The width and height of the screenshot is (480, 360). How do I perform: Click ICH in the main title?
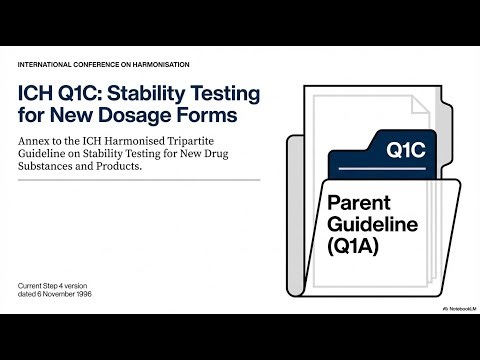click(x=39, y=95)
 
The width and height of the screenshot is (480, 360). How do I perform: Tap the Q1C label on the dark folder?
click(x=405, y=153)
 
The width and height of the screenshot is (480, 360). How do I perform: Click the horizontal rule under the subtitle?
click(x=140, y=180)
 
